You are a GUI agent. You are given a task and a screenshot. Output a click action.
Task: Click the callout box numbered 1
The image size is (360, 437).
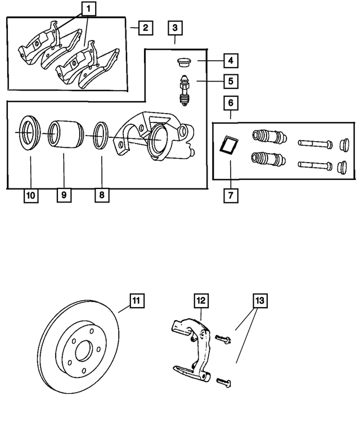[89, 8]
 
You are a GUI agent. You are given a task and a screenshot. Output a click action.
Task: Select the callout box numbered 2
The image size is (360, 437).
[145, 27]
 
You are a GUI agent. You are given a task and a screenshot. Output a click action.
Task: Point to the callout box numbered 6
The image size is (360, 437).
[231, 103]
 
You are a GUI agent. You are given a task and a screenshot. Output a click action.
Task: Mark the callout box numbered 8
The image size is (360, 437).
[102, 196]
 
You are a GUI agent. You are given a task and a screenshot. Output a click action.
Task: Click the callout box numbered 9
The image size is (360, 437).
[64, 196]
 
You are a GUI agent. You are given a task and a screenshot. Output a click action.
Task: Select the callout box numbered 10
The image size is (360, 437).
[30, 196]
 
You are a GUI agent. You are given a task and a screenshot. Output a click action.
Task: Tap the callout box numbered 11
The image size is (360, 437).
[136, 300]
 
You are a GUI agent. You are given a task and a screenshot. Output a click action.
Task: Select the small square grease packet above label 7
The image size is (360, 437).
[228, 145]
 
